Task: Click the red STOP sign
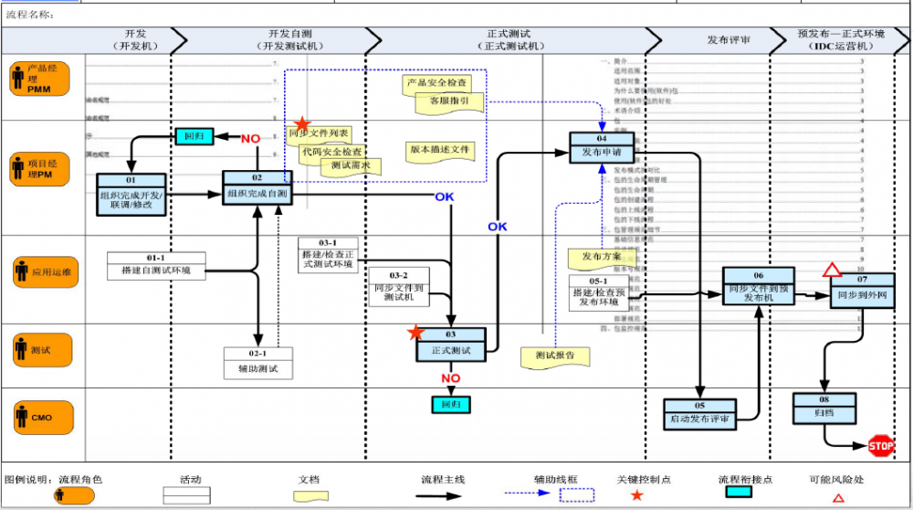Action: (x=881, y=446)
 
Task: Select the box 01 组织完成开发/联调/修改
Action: (x=131, y=195)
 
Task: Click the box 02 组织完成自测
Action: (x=257, y=188)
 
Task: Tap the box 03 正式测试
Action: (x=450, y=345)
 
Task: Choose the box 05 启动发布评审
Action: (x=700, y=414)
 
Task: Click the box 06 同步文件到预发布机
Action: (x=758, y=287)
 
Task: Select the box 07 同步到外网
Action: (x=862, y=290)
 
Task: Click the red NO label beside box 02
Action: (x=251, y=139)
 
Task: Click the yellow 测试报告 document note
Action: (x=555, y=356)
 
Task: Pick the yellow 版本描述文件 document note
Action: (x=440, y=150)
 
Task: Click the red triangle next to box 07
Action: (x=831, y=270)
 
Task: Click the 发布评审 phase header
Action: (x=729, y=40)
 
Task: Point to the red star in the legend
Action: (x=636, y=495)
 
